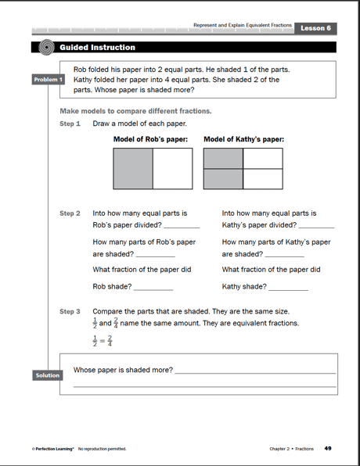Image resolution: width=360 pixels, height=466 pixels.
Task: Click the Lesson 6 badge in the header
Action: (317, 28)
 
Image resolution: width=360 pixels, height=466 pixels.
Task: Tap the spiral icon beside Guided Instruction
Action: (46, 47)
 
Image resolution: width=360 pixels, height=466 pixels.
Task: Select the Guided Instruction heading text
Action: (103, 48)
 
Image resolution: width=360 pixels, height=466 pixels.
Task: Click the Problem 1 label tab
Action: (48, 80)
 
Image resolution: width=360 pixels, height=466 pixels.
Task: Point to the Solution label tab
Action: (47, 375)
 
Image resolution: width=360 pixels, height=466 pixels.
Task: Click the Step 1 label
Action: (70, 124)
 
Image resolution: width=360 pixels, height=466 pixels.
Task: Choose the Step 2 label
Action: (70, 213)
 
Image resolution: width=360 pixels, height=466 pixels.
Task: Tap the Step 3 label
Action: (70, 311)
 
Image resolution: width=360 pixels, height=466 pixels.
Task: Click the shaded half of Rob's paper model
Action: (133, 168)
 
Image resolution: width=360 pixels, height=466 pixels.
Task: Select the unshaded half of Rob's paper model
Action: (171, 168)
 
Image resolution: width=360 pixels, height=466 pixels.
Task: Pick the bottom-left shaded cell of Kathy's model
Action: (223, 178)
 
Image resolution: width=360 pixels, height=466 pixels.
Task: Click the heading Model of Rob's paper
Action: (152, 140)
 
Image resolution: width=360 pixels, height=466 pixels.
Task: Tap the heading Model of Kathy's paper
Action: (243, 140)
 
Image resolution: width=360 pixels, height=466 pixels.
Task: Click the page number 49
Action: (328, 448)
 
